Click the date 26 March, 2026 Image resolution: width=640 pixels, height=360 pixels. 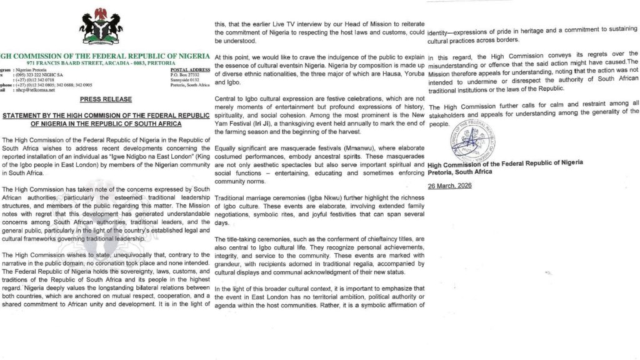pyautogui.click(x=449, y=186)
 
